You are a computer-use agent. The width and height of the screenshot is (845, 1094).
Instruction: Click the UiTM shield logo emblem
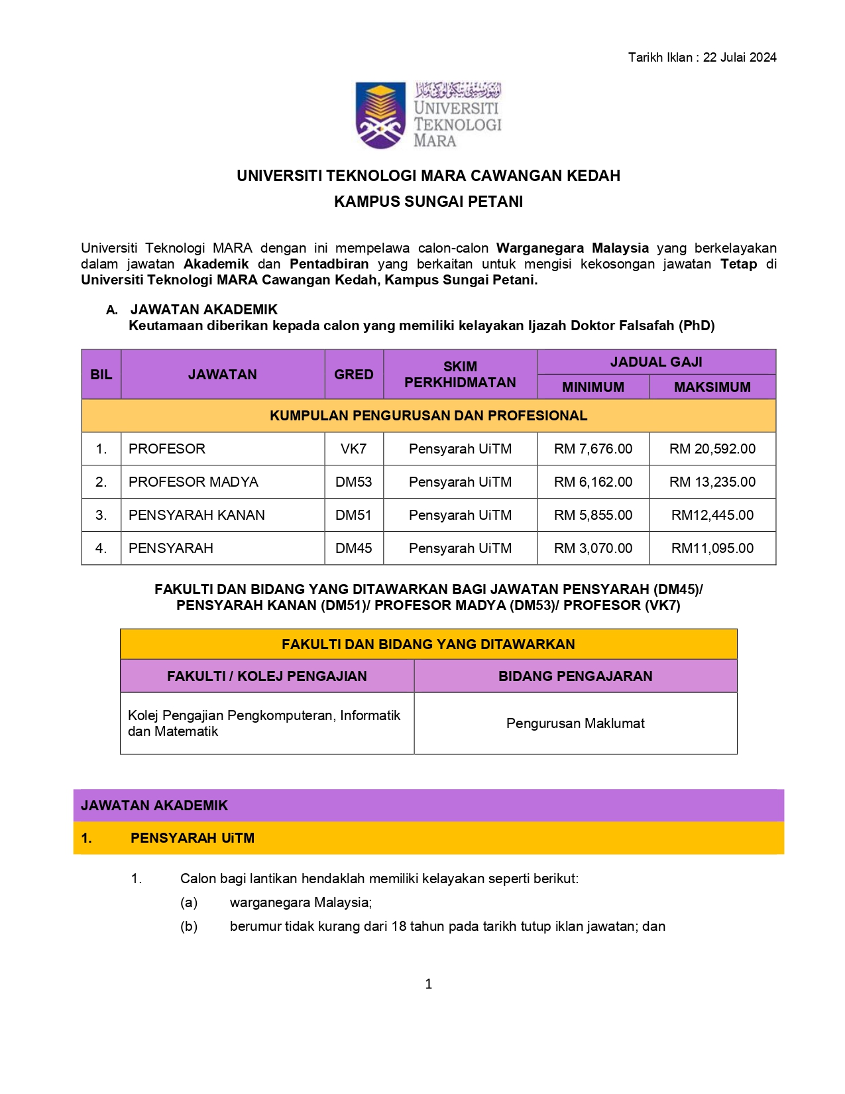(x=380, y=115)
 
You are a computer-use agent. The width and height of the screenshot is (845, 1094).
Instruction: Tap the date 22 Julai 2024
(x=740, y=58)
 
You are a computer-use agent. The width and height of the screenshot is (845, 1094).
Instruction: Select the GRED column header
(x=353, y=375)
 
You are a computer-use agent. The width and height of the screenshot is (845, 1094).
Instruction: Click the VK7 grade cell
(x=353, y=449)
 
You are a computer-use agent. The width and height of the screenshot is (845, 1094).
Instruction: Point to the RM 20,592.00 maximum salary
(x=712, y=449)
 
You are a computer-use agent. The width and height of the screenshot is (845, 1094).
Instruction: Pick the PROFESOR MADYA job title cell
(x=194, y=482)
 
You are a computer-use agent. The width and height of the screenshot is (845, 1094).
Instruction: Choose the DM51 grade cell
(x=353, y=515)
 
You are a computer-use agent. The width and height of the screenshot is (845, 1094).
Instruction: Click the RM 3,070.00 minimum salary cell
(x=593, y=548)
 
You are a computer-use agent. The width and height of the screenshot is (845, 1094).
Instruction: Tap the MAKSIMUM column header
(x=712, y=387)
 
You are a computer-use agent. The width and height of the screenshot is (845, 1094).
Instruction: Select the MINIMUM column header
(x=593, y=387)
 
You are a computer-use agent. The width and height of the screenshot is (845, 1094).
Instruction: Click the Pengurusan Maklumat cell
(x=575, y=723)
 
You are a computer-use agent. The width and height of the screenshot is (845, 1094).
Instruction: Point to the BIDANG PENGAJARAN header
(x=575, y=676)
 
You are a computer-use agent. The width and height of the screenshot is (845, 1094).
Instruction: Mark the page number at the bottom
(x=429, y=984)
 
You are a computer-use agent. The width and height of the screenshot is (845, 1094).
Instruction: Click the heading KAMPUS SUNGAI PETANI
(x=428, y=202)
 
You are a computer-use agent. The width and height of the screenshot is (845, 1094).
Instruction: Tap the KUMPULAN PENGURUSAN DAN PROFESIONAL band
(x=428, y=416)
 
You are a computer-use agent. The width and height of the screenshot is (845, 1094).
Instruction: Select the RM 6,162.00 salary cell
(x=593, y=482)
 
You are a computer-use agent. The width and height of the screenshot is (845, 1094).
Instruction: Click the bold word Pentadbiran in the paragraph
(x=329, y=264)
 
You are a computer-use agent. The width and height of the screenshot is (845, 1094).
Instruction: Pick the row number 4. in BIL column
(x=101, y=548)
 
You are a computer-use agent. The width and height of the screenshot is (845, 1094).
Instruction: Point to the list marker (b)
(x=189, y=926)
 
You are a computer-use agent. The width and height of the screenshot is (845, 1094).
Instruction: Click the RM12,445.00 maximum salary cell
(x=712, y=515)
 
